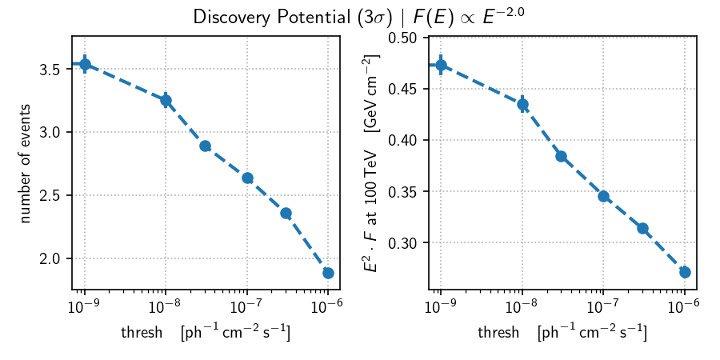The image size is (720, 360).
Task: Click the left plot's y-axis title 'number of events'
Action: (x=26, y=163)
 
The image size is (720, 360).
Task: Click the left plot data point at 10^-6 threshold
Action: (x=328, y=273)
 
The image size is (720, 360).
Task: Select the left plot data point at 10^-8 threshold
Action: (x=166, y=100)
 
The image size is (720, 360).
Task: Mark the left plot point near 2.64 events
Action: (x=247, y=178)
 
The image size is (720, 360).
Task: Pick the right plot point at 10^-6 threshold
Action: (x=685, y=272)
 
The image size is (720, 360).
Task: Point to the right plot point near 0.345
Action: (x=603, y=196)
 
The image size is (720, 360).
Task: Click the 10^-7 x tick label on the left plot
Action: (x=246, y=307)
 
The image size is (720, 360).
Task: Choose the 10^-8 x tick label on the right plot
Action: (x=522, y=307)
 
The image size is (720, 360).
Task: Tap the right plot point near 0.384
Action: (x=561, y=156)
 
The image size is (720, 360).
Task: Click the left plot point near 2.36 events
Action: (x=286, y=213)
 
